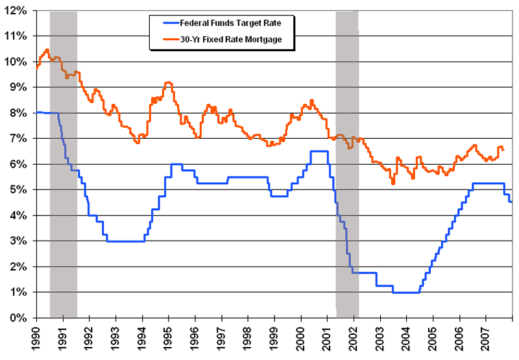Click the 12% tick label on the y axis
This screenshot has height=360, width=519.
16,10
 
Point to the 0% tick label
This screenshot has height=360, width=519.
18,318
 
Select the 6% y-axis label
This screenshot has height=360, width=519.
18,164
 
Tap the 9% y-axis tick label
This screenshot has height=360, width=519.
18,87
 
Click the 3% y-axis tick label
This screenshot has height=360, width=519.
18,241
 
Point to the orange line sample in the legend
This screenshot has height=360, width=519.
162,40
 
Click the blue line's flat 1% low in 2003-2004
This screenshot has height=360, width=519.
406,293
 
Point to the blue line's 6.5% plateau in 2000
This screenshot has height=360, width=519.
319,151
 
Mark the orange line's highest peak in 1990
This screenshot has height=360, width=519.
47,49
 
